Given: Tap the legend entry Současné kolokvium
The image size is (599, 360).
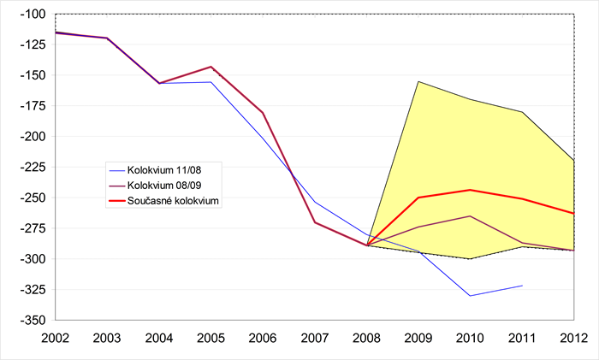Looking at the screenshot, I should (x=175, y=203).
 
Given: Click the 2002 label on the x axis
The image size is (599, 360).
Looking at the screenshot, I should (x=55, y=339).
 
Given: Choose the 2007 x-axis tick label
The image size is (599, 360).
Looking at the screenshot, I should (x=315, y=339).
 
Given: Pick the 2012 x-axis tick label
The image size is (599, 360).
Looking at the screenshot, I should (x=573, y=339).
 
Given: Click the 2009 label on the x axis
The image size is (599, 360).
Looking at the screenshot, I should (x=418, y=339).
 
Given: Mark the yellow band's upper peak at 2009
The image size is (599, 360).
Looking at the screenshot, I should (x=418, y=81).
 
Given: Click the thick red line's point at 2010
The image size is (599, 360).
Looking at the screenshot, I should (x=470, y=190).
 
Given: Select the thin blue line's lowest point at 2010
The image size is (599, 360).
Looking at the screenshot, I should (x=470, y=296).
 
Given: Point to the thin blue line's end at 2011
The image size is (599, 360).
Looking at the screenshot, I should (x=522, y=286).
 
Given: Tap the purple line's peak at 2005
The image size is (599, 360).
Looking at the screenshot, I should (x=211, y=67).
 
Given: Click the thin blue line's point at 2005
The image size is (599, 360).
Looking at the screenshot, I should (x=211, y=82).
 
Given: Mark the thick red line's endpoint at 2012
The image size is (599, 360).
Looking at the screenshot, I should (x=572, y=213).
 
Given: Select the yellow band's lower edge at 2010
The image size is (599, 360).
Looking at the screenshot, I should (x=470, y=258).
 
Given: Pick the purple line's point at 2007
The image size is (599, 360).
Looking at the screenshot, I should (x=315, y=222).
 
